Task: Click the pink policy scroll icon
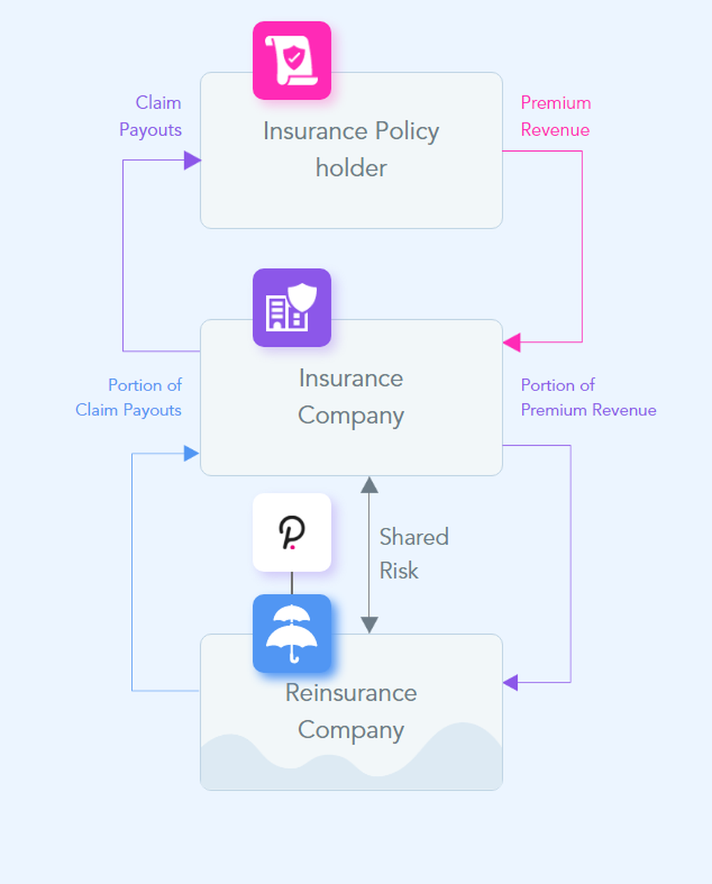292,61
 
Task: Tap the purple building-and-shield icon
292,308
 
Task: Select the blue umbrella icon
292,633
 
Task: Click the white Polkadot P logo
292,532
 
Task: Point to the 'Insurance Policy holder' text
351,149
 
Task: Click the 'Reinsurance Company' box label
351,711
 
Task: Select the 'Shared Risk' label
414,553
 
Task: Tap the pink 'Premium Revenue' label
555,116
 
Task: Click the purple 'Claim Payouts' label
150,116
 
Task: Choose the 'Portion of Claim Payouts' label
129,397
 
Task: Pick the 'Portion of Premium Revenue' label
588,397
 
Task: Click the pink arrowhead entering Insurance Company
511,342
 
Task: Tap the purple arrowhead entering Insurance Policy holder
192,160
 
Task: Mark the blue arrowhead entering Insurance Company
191,453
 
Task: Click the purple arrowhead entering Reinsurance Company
511,682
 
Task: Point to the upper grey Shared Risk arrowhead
369,485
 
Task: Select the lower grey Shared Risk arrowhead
369,625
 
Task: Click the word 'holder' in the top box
351,168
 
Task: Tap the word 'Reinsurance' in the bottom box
351,692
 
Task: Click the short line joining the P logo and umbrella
292,583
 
